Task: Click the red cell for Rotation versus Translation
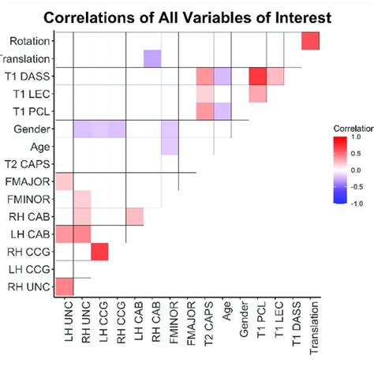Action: coord(310,41)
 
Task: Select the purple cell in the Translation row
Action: coord(152,58)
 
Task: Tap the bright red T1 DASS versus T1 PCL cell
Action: coord(257,77)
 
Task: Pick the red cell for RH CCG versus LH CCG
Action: coord(99,252)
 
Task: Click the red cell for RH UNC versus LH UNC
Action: coord(64,286)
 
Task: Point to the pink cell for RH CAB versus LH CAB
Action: coord(135,216)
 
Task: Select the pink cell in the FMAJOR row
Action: coord(64,181)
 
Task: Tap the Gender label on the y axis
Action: coord(33,129)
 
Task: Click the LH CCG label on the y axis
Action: coord(30,269)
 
